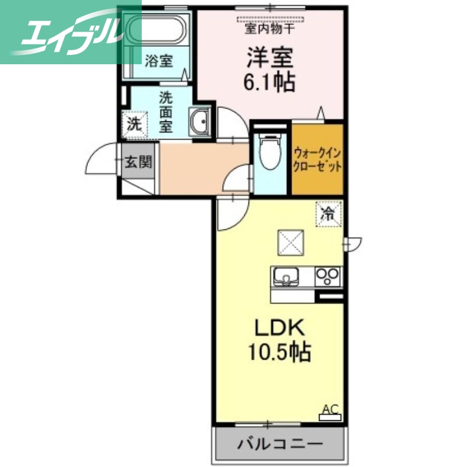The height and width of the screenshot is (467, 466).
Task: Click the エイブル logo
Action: (70, 32)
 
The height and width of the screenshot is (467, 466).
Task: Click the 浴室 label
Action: (159, 61)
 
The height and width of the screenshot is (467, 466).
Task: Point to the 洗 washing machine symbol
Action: (135, 124)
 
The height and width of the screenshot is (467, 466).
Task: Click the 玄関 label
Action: (138, 162)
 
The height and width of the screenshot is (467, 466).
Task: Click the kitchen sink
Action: (286, 277)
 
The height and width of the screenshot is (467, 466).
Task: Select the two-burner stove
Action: (328, 276)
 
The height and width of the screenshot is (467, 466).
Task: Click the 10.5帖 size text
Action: (277, 352)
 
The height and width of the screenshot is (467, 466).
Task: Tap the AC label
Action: (330, 410)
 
